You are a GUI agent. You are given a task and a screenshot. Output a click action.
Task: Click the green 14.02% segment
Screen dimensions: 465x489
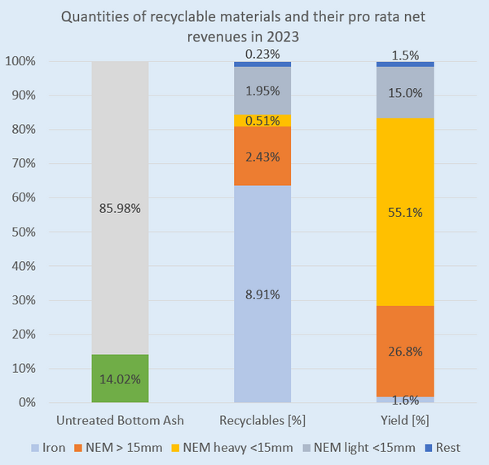pyautogui.click(x=120, y=378)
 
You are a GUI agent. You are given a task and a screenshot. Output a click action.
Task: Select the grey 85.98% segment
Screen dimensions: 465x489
pyautogui.click(x=120, y=208)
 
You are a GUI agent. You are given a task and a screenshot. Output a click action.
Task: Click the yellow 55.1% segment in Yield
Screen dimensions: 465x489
pyautogui.click(x=405, y=212)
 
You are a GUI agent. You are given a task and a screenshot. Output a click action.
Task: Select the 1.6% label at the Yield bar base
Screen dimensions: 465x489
pyautogui.click(x=405, y=400)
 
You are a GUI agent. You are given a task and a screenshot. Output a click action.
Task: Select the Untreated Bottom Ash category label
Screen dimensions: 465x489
pyautogui.click(x=120, y=421)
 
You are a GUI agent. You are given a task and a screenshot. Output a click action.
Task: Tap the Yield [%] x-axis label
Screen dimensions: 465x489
pyautogui.click(x=405, y=421)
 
